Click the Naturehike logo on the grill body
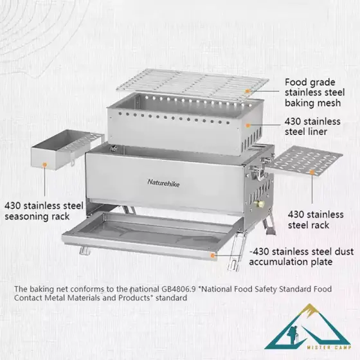coord(163,183)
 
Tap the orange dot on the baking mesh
coord(248,91)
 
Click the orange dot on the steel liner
coord(248,125)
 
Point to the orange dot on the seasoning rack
coord(45,165)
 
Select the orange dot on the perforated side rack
coord(312,172)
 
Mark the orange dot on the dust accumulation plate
coord(213,255)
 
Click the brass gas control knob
coord(260,203)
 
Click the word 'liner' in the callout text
coord(318,132)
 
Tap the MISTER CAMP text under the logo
coord(328,347)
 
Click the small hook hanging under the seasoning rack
coord(72,162)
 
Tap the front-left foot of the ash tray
coord(84,251)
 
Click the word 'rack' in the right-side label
coord(320,225)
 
